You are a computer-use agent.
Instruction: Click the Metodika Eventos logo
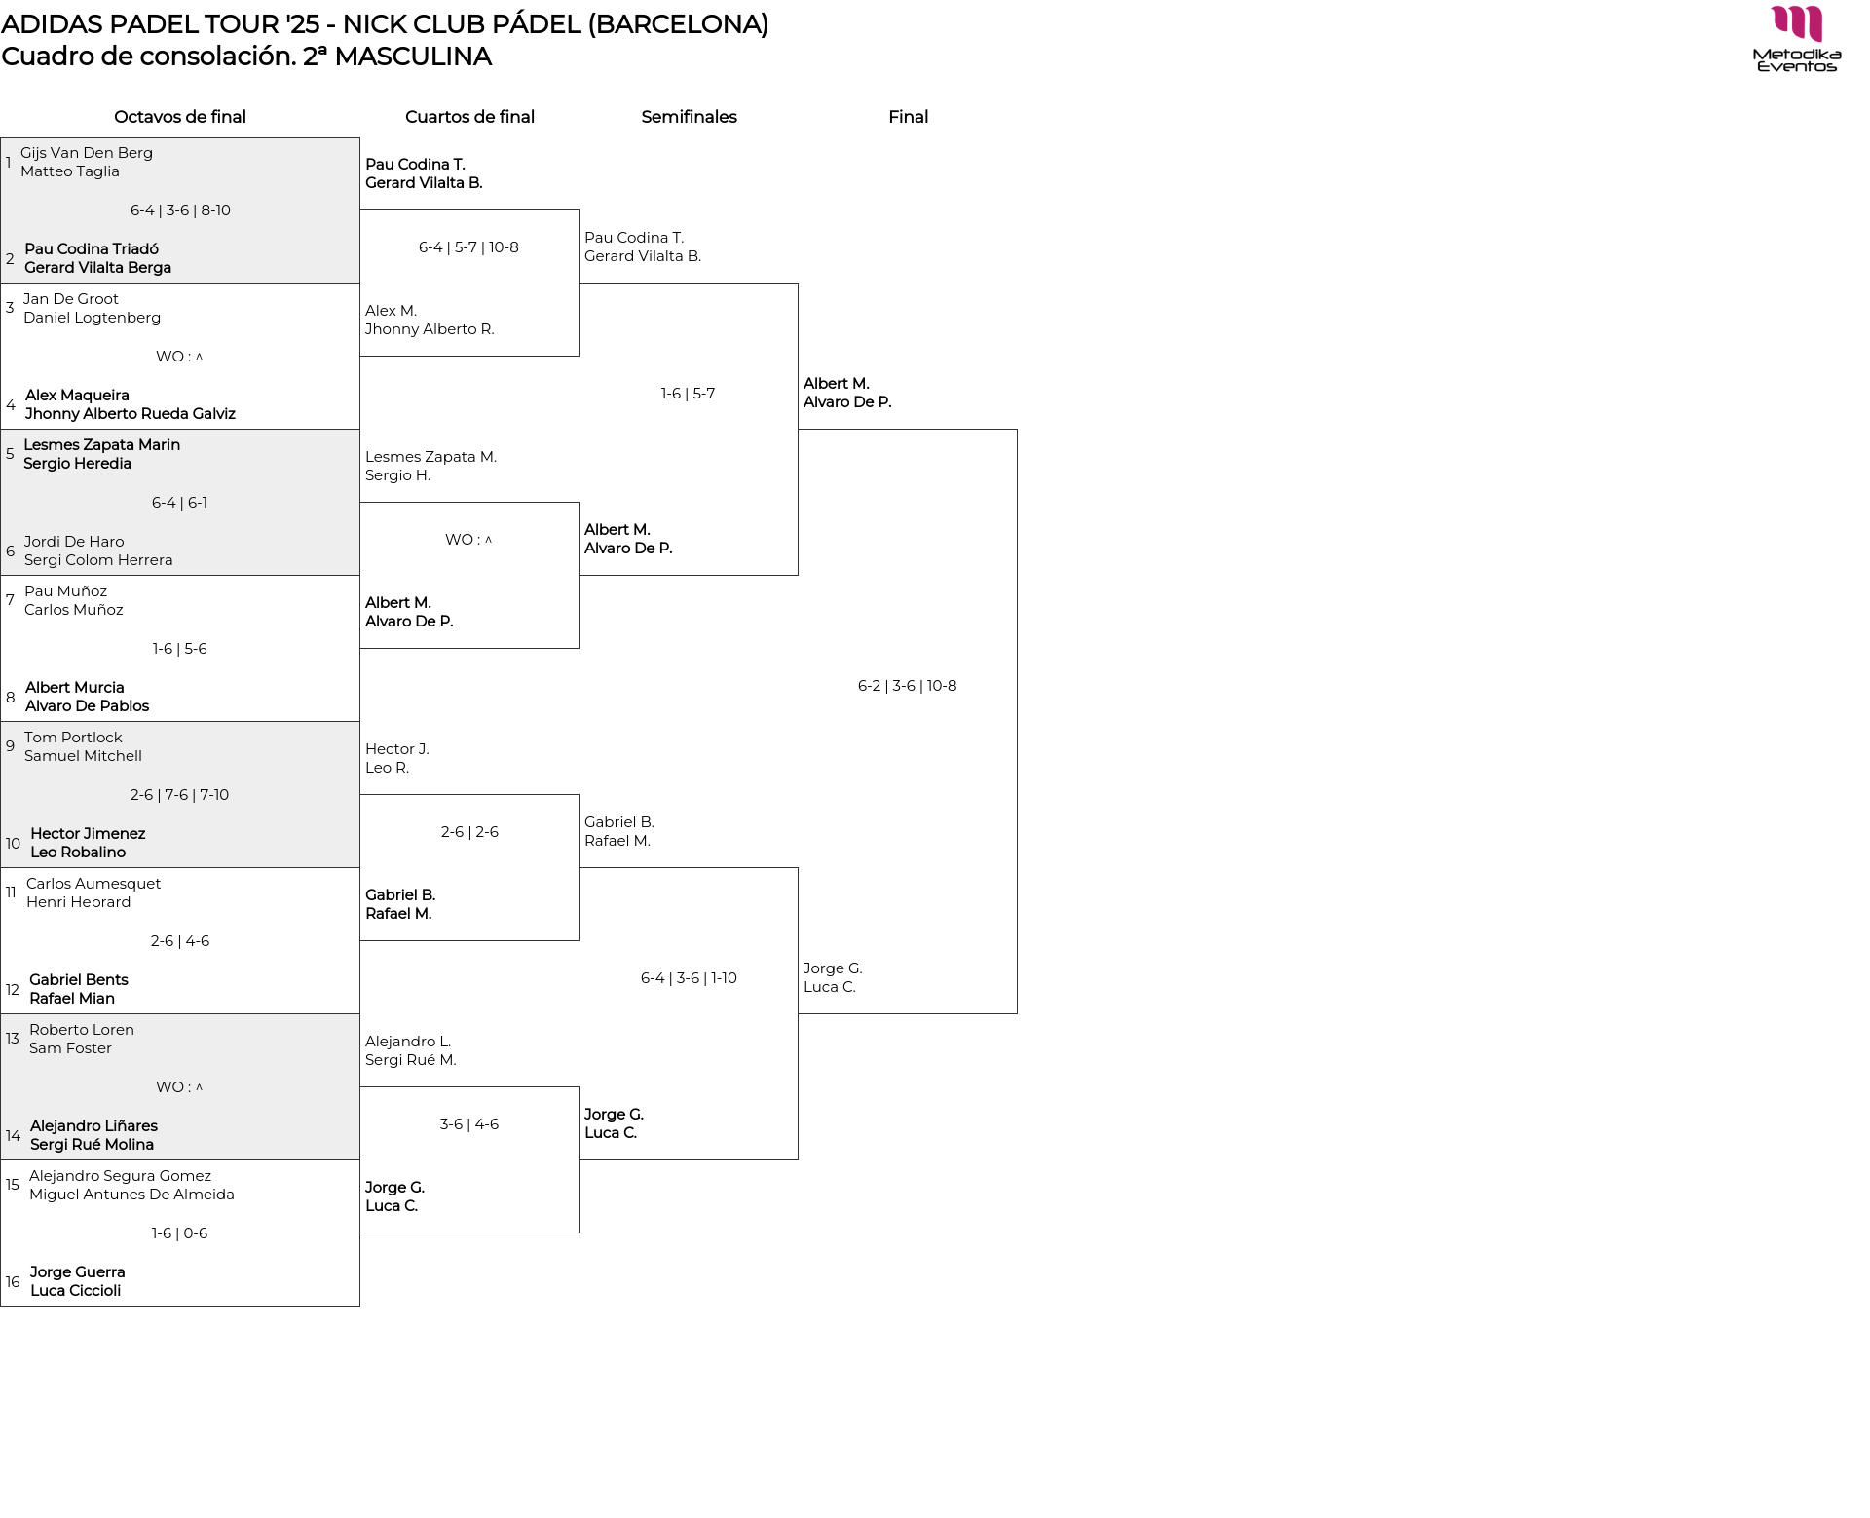click(1796, 39)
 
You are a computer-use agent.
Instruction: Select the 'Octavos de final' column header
click(180, 117)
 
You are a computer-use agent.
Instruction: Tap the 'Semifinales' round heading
click(689, 117)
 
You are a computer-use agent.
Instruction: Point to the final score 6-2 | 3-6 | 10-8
click(908, 686)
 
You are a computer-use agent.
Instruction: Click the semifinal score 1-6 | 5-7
click(689, 394)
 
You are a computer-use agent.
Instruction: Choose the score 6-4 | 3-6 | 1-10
click(689, 978)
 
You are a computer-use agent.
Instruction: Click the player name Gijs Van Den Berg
click(87, 153)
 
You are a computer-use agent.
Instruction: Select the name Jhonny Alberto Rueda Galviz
click(131, 414)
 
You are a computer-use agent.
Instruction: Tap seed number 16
click(13, 1282)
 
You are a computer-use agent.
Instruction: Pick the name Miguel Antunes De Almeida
click(131, 1195)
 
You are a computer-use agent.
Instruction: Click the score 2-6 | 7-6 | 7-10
click(180, 795)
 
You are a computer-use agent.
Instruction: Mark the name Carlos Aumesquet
click(93, 884)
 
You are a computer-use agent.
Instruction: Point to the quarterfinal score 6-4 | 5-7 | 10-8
click(468, 247)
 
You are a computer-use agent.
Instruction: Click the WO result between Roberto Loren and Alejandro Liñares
click(180, 1087)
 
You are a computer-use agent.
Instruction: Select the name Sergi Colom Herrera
click(98, 560)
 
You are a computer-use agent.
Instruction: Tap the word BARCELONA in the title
click(677, 24)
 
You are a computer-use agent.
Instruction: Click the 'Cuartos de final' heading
click(469, 117)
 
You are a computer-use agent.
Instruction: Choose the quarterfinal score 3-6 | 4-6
click(469, 1124)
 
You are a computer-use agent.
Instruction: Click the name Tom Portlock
click(73, 738)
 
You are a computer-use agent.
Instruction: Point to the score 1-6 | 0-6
click(180, 1233)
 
